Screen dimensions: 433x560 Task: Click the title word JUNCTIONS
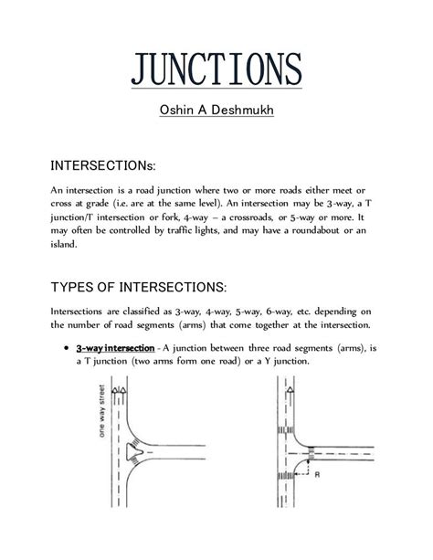pyautogui.click(x=216, y=70)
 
